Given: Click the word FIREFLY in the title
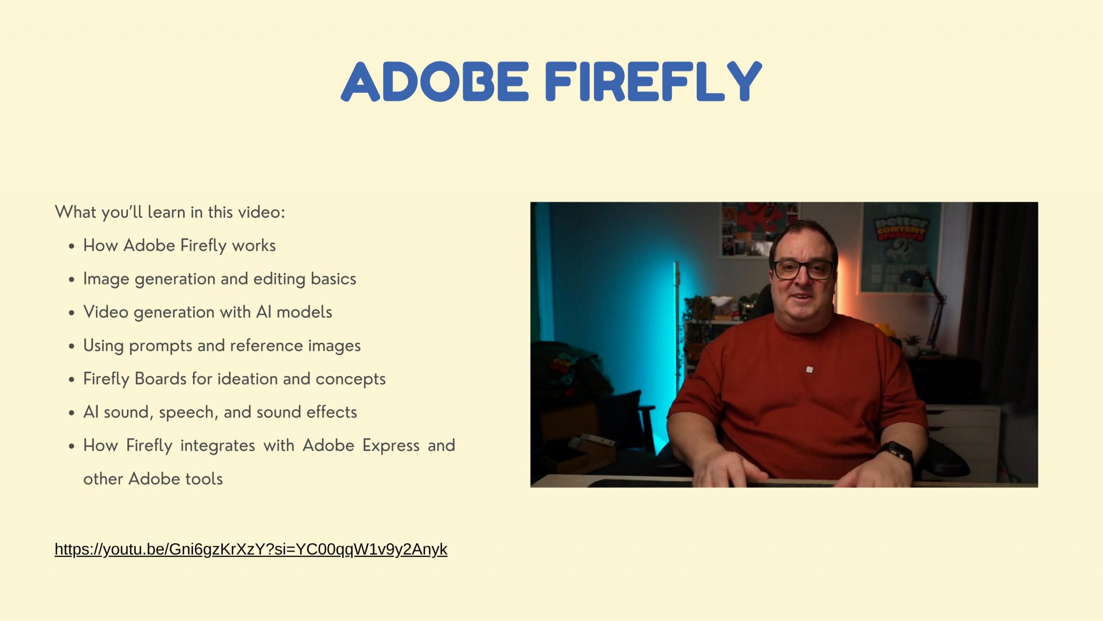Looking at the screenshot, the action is click(x=653, y=82).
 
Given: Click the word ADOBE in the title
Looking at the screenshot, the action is click(x=435, y=82).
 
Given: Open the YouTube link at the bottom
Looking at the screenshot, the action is click(x=251, y=549).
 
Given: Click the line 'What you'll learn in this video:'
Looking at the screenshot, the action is click(x=170, y=212).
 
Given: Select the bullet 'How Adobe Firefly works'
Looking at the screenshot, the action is click(x=179, y=245).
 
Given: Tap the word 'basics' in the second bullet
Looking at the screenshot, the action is click(x=333, y=279).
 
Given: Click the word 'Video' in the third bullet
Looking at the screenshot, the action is click(x=106, y=312).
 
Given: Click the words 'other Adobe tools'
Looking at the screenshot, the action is click(x=153, y=479).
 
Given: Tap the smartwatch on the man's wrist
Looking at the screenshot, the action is click(x=898, y=453).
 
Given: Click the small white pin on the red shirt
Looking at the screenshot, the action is click(x=809, y=370).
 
